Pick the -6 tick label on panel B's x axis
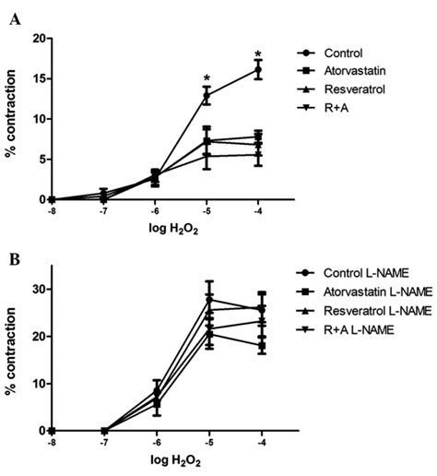[155, 441]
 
